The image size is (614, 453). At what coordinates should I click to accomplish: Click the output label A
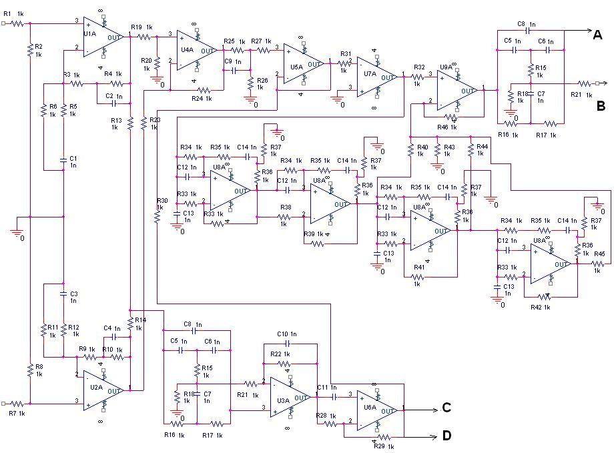click(x=599, y=35)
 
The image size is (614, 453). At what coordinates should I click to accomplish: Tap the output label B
click(x=601, y=105)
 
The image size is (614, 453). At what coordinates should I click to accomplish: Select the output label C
click(x=447, y=408)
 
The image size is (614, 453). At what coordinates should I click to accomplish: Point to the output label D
click(x=447, y=436)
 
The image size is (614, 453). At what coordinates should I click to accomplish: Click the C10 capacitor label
click(x=282, y=334)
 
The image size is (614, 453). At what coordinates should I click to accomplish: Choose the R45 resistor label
click(x=599, y=254)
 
